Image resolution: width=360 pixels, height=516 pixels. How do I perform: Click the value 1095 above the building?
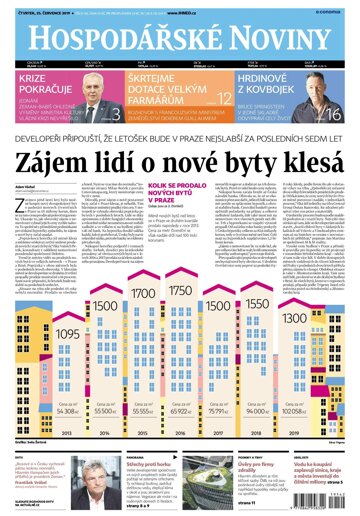38,305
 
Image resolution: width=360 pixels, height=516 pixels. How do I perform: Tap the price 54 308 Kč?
41,410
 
